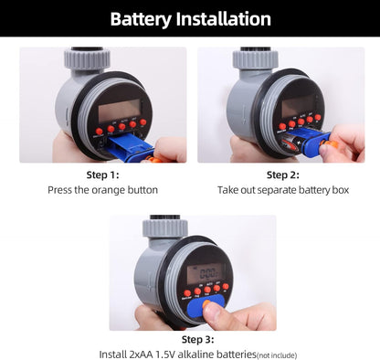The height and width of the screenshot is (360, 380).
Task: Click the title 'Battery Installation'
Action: [x=190, y=18]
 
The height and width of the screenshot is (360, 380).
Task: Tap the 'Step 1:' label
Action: [x=102, y=175]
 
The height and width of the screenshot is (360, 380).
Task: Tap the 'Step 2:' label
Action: [x=282, y=175]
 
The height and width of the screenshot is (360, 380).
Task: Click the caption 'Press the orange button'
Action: [x=102, y=190]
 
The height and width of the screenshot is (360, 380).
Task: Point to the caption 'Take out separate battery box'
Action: [x=282, y=190]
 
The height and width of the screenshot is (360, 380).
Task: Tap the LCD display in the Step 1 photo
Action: [x=118, y=111]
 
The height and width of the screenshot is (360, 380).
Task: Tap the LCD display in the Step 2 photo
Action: [x=301, y=106]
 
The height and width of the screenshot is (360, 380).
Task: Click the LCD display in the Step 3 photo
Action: [x=204, y=273]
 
